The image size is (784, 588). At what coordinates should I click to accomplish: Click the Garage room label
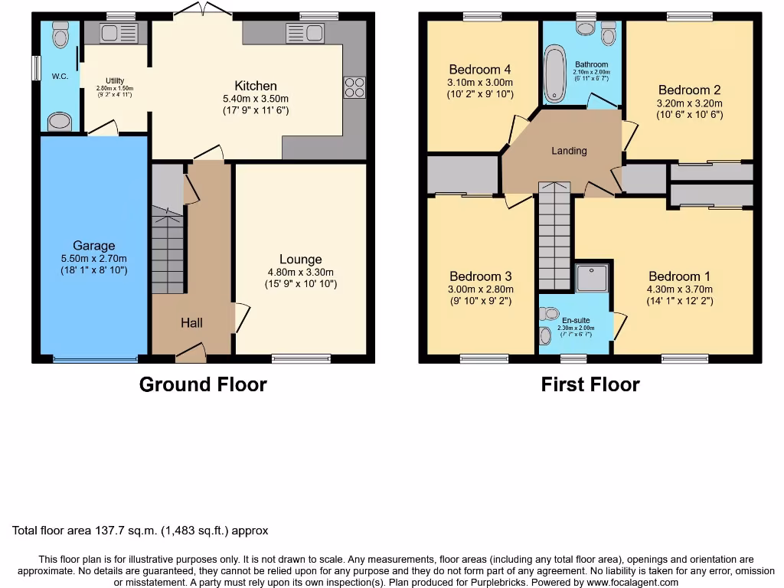(x=94, y=246)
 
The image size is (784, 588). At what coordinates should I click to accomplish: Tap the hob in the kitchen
(x=355, y=87)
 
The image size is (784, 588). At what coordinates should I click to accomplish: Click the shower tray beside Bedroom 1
(x=593, y=278)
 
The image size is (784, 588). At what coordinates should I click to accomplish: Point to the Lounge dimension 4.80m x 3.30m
(x=300, y=272)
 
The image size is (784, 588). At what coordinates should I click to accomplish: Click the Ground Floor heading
(x=203, y=384)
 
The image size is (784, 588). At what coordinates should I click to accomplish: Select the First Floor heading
(x=590, y=384)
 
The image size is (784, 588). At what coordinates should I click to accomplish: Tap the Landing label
(x=569, y=151)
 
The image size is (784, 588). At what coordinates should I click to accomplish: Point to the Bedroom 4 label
(x=480, y=69)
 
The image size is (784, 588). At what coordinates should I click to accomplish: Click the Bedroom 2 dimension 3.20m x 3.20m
(x=689, y=103)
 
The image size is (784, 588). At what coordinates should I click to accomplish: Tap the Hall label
(x=191, y=323)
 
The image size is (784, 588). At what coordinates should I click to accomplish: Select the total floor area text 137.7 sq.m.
(x=140, y=530)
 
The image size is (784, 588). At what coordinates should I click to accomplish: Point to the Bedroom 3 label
(x=480, y=276)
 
